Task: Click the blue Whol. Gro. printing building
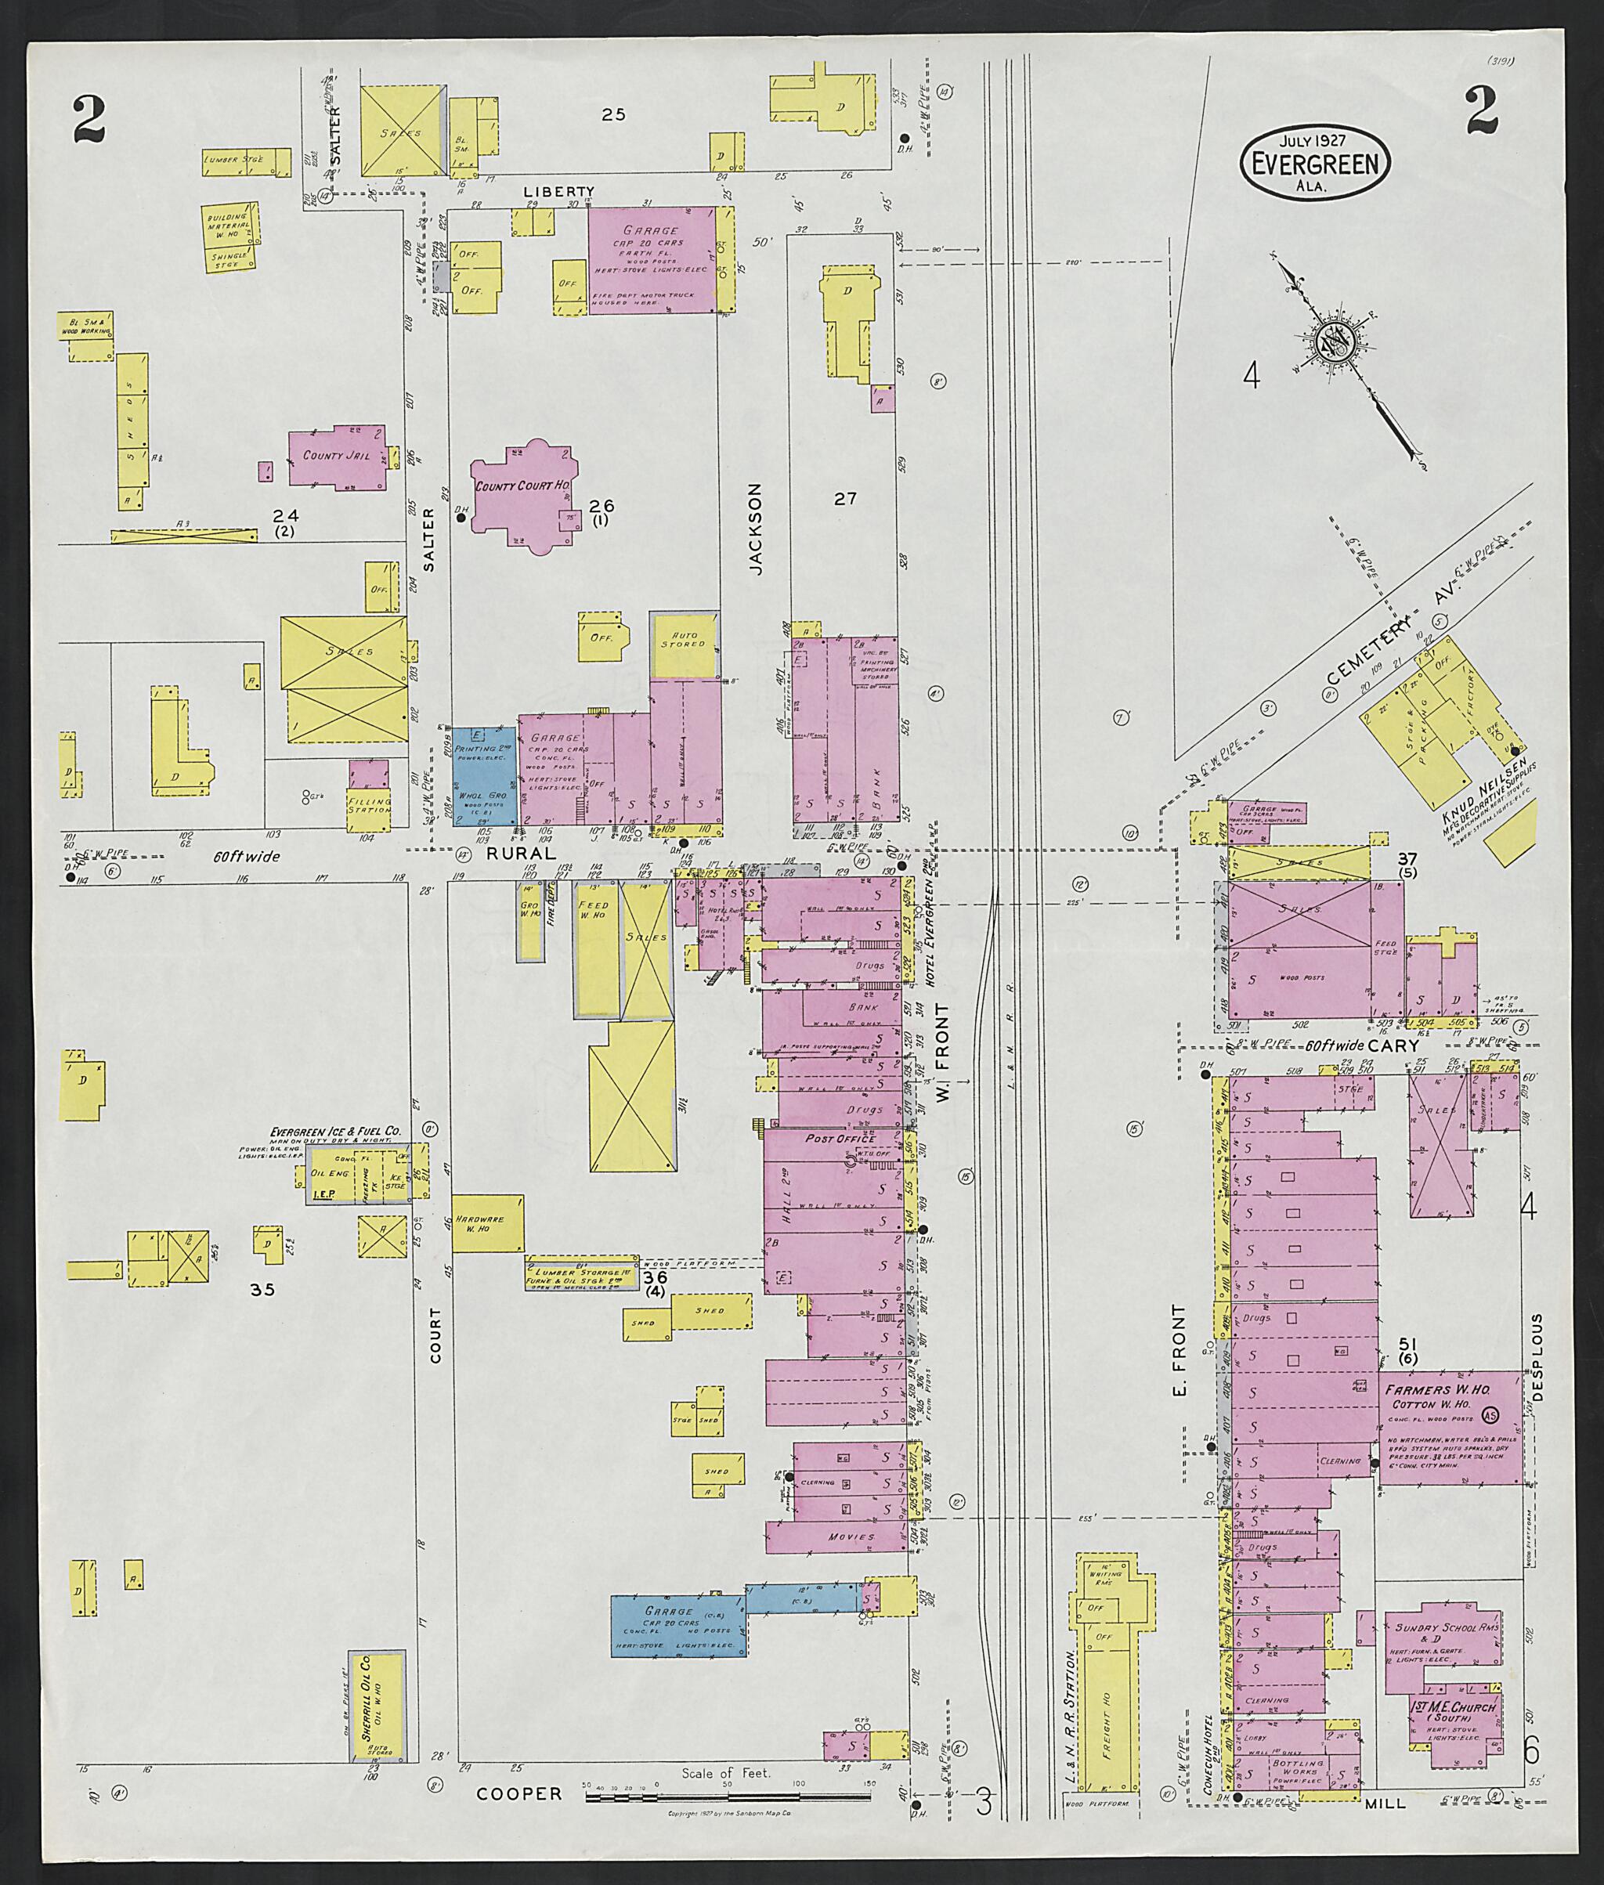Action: point(484,775)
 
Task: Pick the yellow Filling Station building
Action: point(368,803)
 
